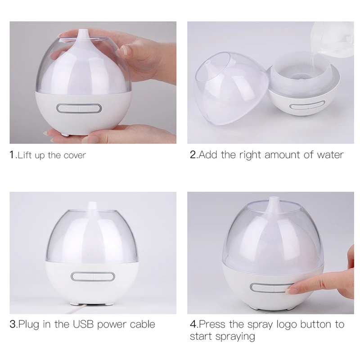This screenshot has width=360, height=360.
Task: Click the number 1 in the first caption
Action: coord(12,155)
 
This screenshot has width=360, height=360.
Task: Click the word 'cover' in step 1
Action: coord(75,155)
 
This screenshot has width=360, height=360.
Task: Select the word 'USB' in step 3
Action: coord(83,324)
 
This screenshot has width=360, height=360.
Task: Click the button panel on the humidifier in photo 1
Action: coord(79,108)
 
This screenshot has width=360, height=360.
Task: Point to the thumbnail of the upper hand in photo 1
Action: coord(126,50)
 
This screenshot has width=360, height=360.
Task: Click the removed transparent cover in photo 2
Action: coord(231,89)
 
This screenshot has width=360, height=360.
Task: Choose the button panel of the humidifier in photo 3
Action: coord(93,276)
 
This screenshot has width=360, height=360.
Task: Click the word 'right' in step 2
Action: coord(250,155)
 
